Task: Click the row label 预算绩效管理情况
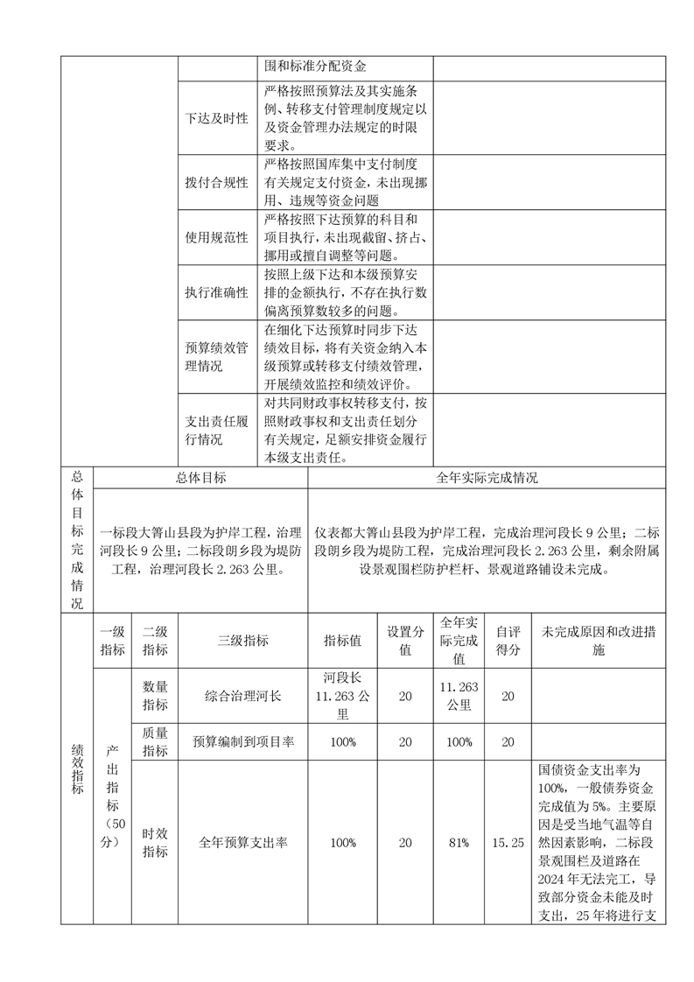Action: [216, 356]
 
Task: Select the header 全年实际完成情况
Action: [487, 478]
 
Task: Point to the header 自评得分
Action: [508, 641]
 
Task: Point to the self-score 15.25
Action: [508, 842]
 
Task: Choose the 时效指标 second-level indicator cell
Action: [155, 842]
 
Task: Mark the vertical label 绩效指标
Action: [77, 769]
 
